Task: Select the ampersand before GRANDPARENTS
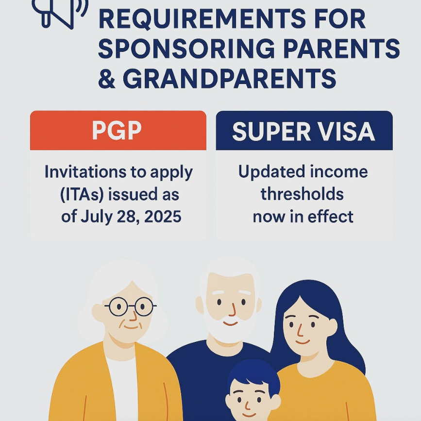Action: pos(106,79)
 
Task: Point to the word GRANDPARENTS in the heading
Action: pos(229,79)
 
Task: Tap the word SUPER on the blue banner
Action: pos(265,131)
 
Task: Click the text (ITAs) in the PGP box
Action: pos(81,195)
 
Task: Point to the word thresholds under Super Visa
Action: pos(302,194)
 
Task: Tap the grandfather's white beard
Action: pos(228,330)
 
